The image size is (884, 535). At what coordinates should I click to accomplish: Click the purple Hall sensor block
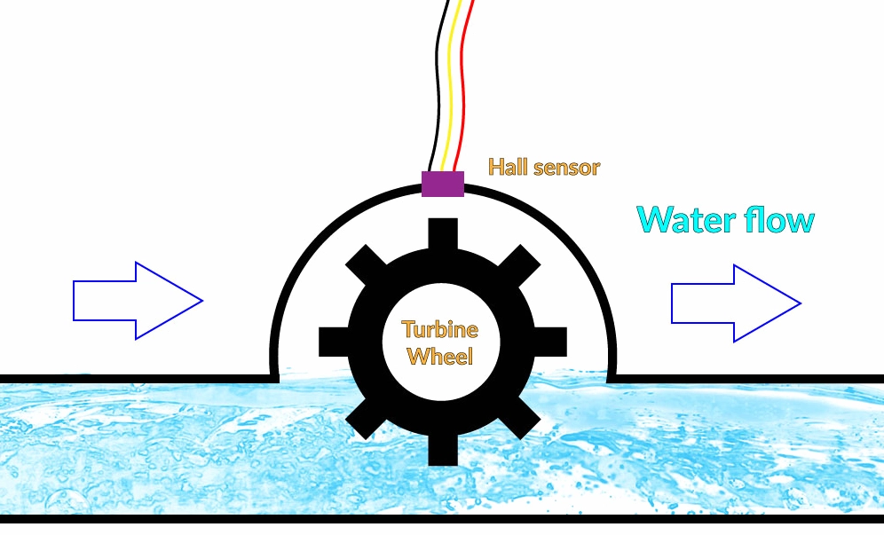pos(442,184)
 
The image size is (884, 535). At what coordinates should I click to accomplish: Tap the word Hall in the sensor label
pos(508,167)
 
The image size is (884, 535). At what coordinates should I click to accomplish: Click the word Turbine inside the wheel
pos(440,330)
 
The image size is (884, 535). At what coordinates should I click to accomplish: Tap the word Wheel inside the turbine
pos(441,357)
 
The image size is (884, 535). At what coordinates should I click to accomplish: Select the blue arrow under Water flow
pos(736,303)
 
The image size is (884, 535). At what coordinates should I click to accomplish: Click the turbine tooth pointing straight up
pos(441,232)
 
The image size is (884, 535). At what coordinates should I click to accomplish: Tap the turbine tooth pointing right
pos(551,341)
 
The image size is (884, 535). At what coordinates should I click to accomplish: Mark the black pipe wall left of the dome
pos(133,379)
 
